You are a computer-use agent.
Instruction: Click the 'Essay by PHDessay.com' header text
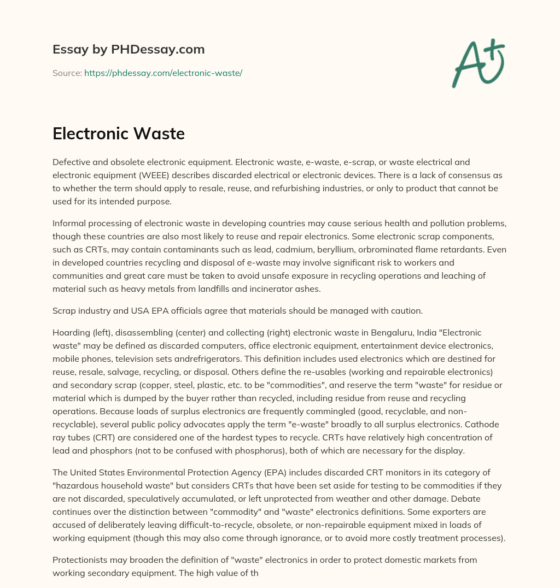tap(129, 50)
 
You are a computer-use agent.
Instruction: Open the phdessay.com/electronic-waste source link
tap(163, 73)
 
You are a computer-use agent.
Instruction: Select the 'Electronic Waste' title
tap(119, 134)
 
